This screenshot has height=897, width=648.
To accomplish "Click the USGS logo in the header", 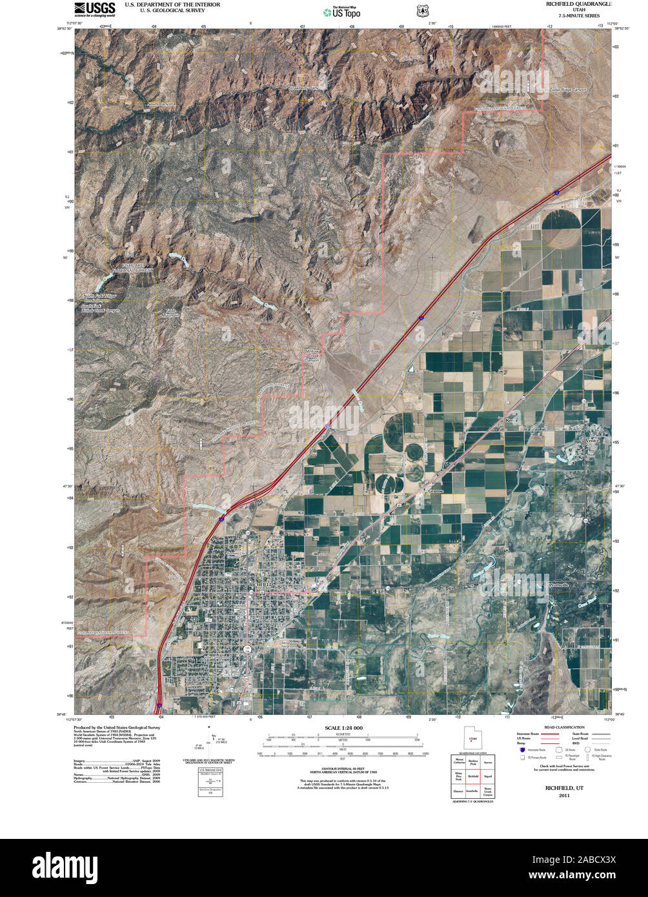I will tap(95, 8).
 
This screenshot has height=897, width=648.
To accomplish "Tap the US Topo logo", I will tap(342, 11).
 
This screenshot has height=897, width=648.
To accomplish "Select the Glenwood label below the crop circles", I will tap(437, 491).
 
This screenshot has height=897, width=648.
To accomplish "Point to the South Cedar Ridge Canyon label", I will tap(563, 90).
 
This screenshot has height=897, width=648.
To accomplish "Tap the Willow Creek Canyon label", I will tap(313, 356).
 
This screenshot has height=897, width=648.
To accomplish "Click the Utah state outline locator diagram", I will tap(472, 737).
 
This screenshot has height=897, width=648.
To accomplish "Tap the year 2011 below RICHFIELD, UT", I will tap(564, 796).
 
